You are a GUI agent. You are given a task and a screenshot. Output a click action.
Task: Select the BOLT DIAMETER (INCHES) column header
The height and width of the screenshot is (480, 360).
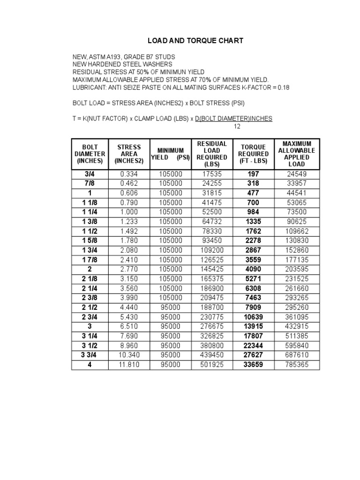pos(90,154)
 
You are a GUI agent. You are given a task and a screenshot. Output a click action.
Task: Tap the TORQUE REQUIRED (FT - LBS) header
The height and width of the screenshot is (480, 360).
pos(253,154)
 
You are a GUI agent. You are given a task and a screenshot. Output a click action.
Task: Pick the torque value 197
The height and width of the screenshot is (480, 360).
pos(253,174)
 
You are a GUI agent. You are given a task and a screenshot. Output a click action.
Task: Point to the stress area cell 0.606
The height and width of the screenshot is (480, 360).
pos(129,193)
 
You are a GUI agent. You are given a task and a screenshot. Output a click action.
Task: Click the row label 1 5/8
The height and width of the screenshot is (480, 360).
pos(90,240)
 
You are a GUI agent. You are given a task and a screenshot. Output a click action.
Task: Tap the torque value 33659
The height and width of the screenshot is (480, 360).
pos(253,364)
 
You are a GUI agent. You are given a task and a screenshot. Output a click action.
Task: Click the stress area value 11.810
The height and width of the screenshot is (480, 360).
pos(129,364)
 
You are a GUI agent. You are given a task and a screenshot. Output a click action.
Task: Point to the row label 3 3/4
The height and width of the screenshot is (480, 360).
pos(90,355)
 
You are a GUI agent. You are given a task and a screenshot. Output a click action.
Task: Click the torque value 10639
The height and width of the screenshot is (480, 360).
pos(253,316)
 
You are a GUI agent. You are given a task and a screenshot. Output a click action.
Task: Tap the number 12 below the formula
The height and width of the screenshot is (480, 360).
pos(237,127)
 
